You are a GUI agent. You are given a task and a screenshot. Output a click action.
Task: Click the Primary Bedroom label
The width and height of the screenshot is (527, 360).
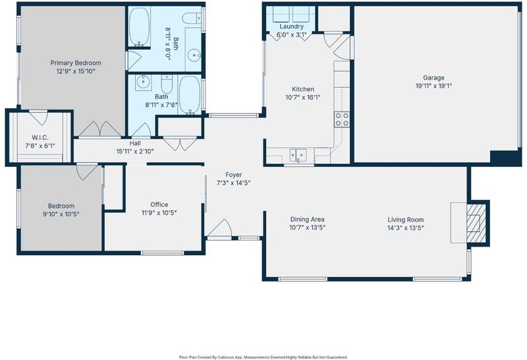pyautogui.click(x=76, y=63)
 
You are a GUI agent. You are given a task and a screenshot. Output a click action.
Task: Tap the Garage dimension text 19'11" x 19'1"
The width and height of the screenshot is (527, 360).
pyautogui.click(x=433, y=86)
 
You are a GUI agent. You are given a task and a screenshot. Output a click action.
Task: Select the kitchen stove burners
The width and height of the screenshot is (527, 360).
pyautogui.click(x=342, y=119)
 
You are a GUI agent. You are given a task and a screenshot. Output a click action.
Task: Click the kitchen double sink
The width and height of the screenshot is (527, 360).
pyautogui.click(x=298, y=156)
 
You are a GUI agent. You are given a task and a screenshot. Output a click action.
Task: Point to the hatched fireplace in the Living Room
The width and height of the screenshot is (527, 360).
pyautogui.click(x=476, y=223)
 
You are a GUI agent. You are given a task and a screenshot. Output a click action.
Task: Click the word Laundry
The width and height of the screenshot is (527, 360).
pyautogui.click(x=291, y=26)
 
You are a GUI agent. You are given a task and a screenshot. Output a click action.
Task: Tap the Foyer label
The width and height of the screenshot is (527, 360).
pyautogui.click(x=234, y=175)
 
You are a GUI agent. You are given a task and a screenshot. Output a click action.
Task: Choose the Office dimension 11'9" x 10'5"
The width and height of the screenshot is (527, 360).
pyautogui.click(x=159, y=212)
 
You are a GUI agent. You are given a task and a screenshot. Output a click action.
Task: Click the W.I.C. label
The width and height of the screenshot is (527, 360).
pyautogui.click(x=40, y=138)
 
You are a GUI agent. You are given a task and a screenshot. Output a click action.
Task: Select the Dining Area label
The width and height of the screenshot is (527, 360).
pyautogui.click(x=307, y=220)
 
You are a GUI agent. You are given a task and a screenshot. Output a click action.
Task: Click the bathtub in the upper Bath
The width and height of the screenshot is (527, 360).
pyautogui.click(x=139, y=27)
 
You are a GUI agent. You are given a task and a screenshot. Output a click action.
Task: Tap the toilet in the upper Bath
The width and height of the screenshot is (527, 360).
pyautogui.click(x=192, y=18)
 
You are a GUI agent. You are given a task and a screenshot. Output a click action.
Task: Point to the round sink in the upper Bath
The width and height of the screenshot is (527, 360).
pyautogui.click(x=194, y=55)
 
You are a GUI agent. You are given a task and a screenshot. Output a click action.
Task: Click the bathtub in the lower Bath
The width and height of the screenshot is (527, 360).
pyautogui.click(x=190, y=95)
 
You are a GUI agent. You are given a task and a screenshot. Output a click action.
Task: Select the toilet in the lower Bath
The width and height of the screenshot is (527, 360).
pyautogui.click(x=167, y=84)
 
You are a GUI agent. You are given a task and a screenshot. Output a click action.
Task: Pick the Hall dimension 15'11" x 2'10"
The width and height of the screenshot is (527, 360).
pyautogui.click(x=135, y=152)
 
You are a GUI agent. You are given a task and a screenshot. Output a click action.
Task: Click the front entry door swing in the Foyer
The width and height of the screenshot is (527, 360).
pyautogui.click(x=219, y=228)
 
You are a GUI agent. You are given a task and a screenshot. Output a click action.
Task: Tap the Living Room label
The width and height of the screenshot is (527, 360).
pyautogui.click(x=406, y=220)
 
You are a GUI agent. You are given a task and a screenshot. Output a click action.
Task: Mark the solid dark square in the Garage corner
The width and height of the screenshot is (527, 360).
pyautogui.click(x=505, y=158)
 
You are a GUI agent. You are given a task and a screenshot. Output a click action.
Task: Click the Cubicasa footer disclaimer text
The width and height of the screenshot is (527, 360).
pyautogui.click(x=263, y=357)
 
